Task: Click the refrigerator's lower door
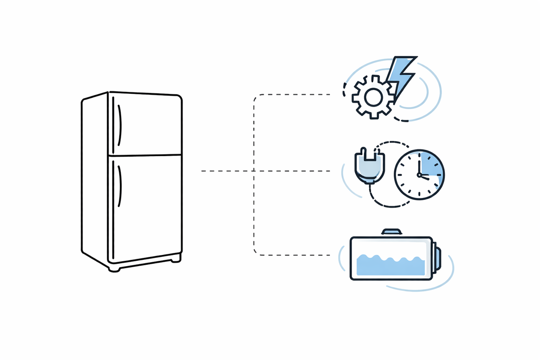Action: pos(147,206)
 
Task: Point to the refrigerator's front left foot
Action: pos(114,268)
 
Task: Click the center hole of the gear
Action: pos(372,97)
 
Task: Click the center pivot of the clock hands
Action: pos(419,175)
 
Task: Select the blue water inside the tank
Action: pos(390,265)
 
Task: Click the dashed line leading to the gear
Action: pos(295,94)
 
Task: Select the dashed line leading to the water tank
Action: pos(295,255)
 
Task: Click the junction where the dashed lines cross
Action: pos(254,171)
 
